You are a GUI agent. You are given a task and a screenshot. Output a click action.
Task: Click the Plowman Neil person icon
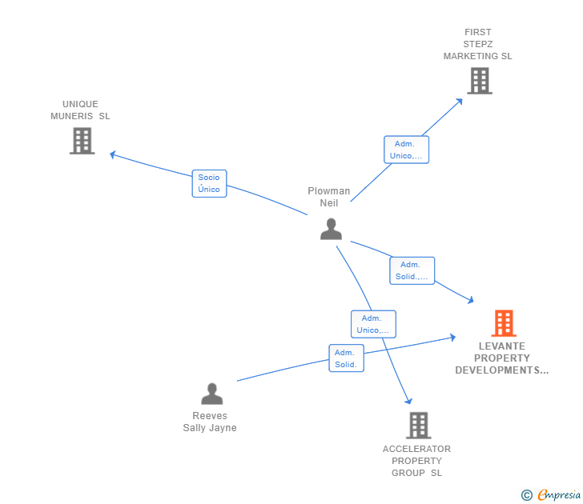point(331,229)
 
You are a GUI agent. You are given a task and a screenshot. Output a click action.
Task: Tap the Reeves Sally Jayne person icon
point(211,394)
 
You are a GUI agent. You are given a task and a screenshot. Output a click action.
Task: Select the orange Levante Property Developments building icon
point(503,323)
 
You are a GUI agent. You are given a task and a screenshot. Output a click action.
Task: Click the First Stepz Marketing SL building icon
point(479,81)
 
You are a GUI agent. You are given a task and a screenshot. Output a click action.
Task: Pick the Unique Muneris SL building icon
point(82,141)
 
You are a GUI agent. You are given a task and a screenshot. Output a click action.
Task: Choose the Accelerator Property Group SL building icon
point(418,425)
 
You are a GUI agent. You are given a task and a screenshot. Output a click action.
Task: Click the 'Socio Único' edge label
point(209,183)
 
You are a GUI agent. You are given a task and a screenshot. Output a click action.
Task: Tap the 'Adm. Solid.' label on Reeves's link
point(346,358)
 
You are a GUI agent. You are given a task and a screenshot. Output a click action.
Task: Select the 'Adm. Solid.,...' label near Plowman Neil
point(412,271)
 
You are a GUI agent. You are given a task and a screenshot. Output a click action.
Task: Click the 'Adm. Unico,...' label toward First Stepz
point(406,150)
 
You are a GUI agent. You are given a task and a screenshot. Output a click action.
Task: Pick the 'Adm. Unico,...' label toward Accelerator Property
point(373,324)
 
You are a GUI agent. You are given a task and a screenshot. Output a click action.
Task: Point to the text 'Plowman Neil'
point(329,197)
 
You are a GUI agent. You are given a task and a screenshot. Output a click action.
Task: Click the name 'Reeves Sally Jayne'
point(210,422)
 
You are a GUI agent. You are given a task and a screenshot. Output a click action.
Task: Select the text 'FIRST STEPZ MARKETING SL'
point(478,44)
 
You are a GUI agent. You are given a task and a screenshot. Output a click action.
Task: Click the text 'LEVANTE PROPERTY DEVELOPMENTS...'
point(502,358)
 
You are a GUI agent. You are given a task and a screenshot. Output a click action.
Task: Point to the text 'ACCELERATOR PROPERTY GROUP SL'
point(416,461)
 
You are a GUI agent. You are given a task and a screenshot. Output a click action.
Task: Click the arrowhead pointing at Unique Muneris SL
point(113,154)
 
